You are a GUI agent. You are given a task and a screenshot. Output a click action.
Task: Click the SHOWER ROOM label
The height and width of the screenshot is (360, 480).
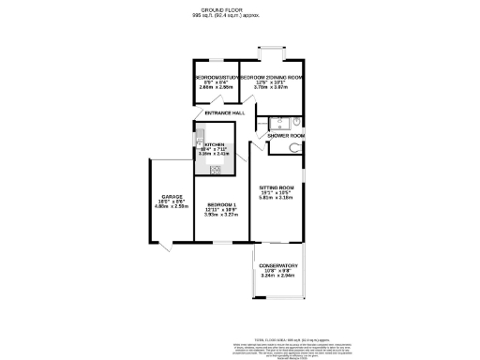pos(286,136)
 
